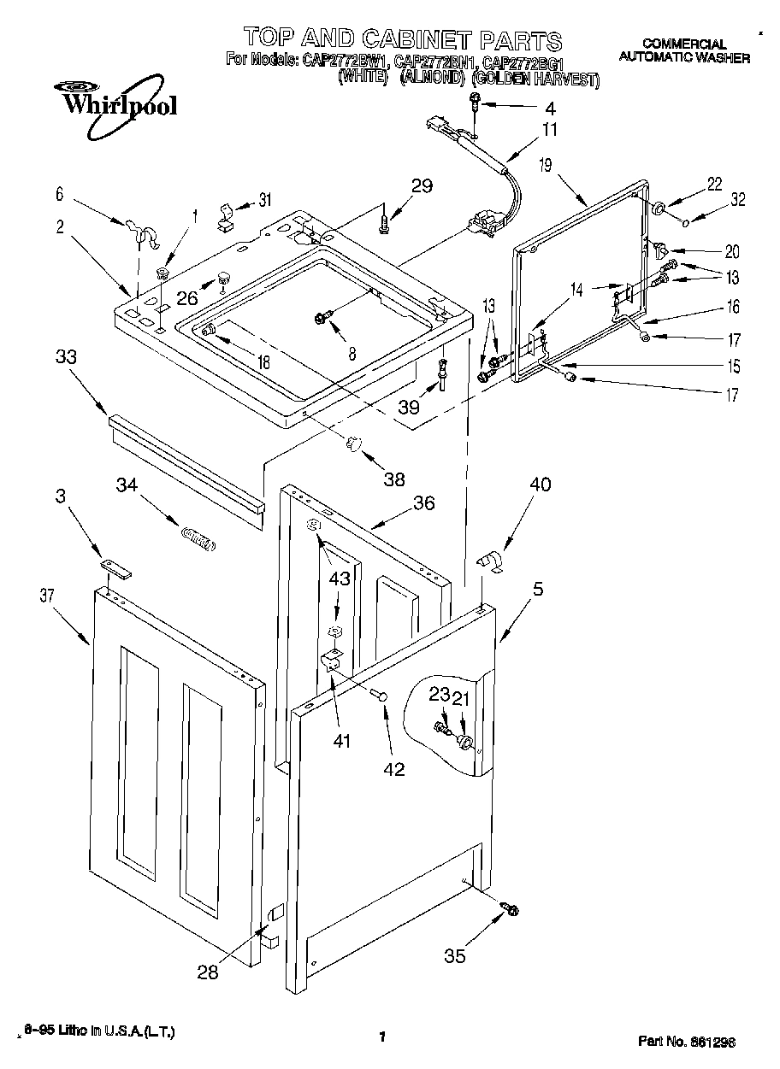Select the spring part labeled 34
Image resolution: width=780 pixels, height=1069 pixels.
[x=198, y=538]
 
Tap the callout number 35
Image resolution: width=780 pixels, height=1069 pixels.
[x=455, y=956]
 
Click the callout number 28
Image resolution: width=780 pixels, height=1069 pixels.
[x=208, y=972]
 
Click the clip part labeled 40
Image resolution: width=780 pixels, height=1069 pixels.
[x=489, y=561]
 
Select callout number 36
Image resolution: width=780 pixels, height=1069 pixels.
[x=423, y=503]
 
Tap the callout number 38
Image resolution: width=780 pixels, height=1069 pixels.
[x=394, y=479]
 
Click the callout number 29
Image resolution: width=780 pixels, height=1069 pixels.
[x=422, y=185]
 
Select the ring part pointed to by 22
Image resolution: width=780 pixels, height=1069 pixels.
[x=660, y=210]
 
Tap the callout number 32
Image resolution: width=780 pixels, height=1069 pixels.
[x=738, y=201]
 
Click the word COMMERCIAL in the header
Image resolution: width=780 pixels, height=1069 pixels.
[x=684, y=44]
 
